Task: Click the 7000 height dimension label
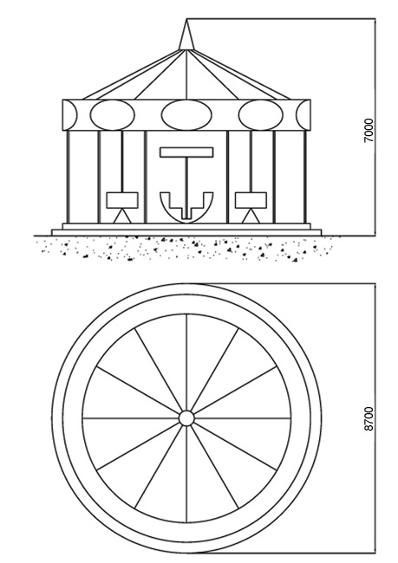(369, 131)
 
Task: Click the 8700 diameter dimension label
(369, 419)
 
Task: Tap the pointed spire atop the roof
(186, 35)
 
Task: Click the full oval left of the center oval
(112, 115)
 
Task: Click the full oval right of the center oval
(261, 115)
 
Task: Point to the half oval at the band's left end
(69, 115)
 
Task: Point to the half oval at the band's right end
(303, 115)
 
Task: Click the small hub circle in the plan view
(186, 418)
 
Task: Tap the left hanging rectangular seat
(122, 200)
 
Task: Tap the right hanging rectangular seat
(251, 200)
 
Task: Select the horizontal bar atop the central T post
(186, 152)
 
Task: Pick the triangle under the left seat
(122, 217)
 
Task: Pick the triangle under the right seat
(251, 217)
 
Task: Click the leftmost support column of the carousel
(68, 177)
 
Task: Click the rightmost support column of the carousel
(305, 177)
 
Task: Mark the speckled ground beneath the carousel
(183, 248)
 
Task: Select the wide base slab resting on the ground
(186, 233)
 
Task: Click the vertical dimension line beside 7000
(375, 127)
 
